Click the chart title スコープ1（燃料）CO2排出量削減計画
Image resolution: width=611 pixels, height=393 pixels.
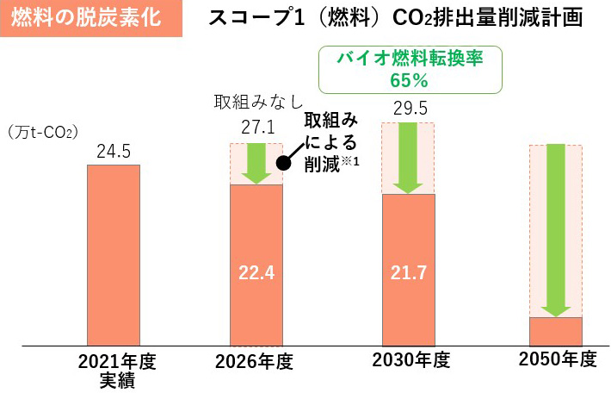tap(397, 18)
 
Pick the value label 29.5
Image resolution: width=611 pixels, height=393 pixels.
tap(408, 109)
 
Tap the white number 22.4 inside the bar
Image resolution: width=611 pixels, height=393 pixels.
tap(256, 273)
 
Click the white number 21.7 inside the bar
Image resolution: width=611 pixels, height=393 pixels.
tap(408, 273)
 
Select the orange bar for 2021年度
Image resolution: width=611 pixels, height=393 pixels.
tap(114, 254)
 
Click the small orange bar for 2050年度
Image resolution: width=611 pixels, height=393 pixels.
tap(555, 331)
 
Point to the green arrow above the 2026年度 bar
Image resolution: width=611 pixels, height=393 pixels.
tap(256, 163)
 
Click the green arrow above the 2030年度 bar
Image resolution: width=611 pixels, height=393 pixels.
tap(408, 157)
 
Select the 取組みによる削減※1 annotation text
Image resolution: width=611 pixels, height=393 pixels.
tap(331, 140)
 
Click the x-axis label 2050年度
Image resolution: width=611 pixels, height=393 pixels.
tap(557, 361)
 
